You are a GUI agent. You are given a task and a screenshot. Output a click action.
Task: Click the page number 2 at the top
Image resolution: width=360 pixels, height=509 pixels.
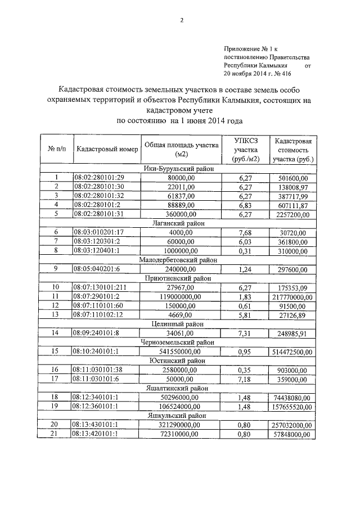tap(181, 21)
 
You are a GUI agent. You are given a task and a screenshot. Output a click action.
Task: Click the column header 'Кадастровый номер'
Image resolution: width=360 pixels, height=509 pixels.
tap(107, 149)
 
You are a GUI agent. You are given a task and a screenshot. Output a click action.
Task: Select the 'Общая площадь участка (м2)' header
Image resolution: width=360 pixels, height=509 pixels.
tap(181, 149)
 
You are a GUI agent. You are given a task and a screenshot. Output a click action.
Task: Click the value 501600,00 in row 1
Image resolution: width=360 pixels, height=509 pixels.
tap(293, 178)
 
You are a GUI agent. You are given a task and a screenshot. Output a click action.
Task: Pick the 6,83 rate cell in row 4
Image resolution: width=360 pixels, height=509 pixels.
tap(244, 205)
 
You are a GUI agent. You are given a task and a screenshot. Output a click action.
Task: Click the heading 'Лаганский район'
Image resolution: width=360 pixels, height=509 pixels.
tap(181, 223)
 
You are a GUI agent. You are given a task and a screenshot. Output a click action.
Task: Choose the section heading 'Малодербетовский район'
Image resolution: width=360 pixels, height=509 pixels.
tap(181, 259)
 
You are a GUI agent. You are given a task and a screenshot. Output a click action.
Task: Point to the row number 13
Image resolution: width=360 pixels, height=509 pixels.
tap(56, 313)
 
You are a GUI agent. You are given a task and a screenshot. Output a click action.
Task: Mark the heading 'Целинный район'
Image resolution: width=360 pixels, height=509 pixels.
tap(181, 323)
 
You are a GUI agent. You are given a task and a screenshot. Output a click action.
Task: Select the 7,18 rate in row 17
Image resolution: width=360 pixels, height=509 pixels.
tap(244, 377)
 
